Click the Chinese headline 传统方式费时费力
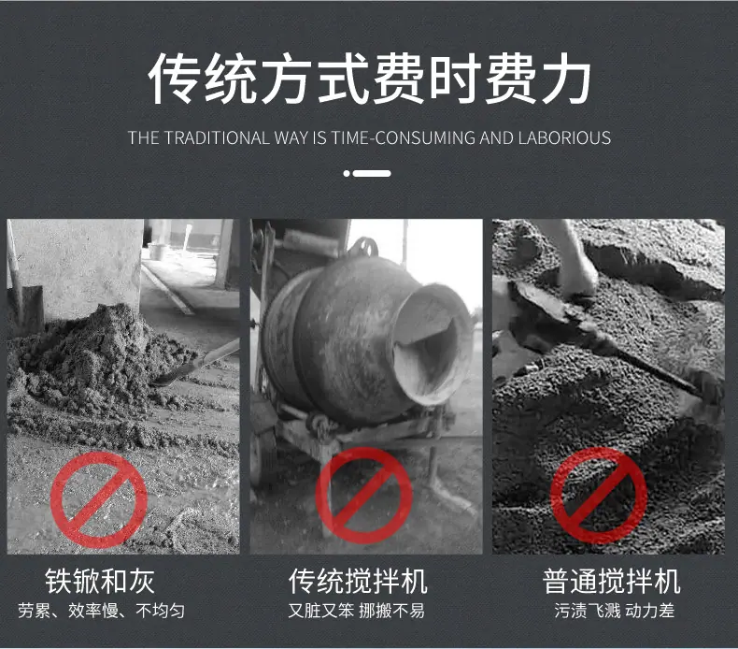pyautogui.click(x=369, y=78)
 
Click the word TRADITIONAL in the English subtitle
pyautogui.click(x=218, y=137)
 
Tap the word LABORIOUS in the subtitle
pyautogui.click(x=564, y=137)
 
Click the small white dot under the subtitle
pyautogui.click(x=347, y=173)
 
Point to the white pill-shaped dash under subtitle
pyautogui.click(x=372, y=173)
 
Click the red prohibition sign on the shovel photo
pyautogui.click(x=99, y=499)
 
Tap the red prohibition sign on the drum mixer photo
pyautogui.click(x=363, y=496)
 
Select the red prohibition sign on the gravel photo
pyautogui.click(x=599, y=496)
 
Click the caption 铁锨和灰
pyautogui.click(x=100, y=581)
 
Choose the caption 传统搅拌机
pyautogui.click(x=358, y=581)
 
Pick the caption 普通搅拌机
pyautogui.click(x=612, y=581)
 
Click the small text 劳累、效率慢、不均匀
pyautogui.click(x=101, y=611)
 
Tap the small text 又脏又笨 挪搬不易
pyautogui.click(x=356, y=611)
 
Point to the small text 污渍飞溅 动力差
pyautogui.click(x=614, y=611)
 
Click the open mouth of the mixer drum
pyautogui.click(x=431, y=344)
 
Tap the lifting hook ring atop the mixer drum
pyautogui.click(x=362, y=247)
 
